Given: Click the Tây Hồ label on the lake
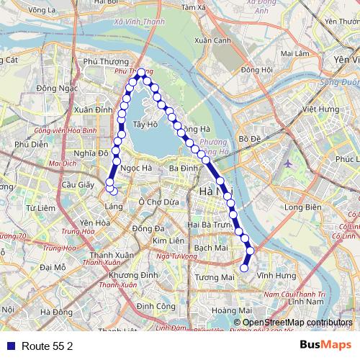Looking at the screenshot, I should pos(145,125).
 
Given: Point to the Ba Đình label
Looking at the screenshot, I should pos(182,168).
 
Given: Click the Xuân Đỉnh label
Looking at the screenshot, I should pos(93,109).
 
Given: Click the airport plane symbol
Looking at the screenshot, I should pos(289,163).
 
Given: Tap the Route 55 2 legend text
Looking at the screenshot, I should pos(48,346).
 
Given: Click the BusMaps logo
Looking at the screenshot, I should pos(325,346).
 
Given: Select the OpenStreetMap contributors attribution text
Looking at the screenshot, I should pos(297,322).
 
